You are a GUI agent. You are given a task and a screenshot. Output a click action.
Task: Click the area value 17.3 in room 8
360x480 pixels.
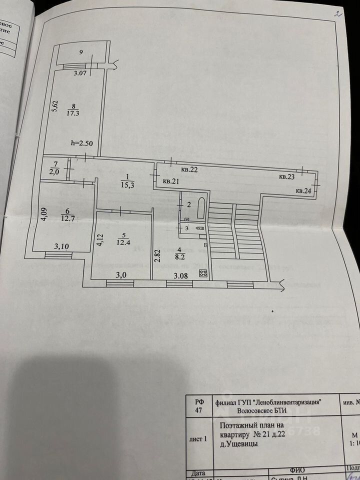click(75, 113)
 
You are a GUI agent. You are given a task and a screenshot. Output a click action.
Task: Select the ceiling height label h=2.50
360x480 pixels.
click(81, 143)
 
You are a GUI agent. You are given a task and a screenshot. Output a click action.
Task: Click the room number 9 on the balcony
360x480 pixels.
click(80, 52)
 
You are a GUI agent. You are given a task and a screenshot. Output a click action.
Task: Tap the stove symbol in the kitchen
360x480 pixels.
click(204, 273)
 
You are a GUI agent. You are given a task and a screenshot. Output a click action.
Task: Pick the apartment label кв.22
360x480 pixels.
click(189, 170)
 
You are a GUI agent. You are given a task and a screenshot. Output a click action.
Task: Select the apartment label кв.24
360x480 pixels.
click(303, 190)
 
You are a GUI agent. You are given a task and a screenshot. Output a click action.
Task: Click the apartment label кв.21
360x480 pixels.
click(171, 181)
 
